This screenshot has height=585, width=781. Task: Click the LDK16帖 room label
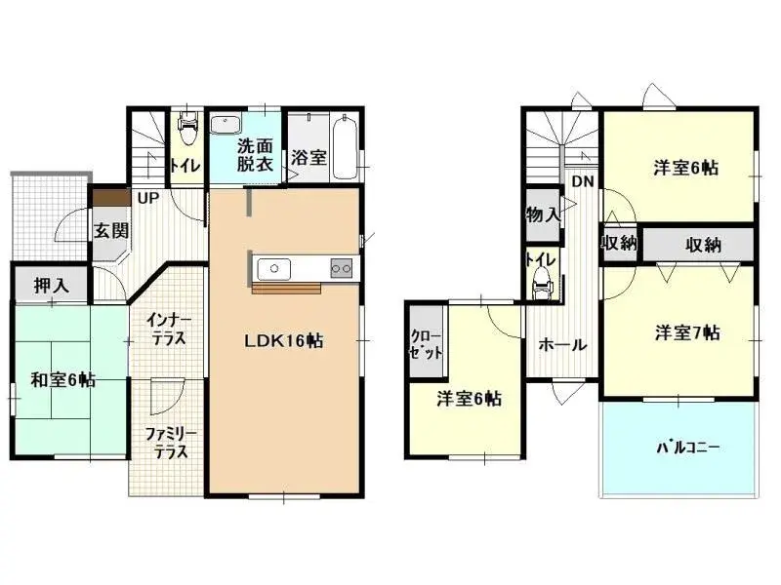pos(285,341)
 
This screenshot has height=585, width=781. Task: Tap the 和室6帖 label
pos(62,380)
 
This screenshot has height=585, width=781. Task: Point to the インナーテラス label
pos(168,330)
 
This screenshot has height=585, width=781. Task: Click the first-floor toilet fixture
pos(187,127)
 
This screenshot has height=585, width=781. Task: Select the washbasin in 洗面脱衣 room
pos(227,126)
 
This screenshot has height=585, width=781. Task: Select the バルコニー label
pos(687,448)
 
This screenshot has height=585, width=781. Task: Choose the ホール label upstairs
pos(562,345)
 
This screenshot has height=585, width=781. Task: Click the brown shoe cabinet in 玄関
pos(109,197)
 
